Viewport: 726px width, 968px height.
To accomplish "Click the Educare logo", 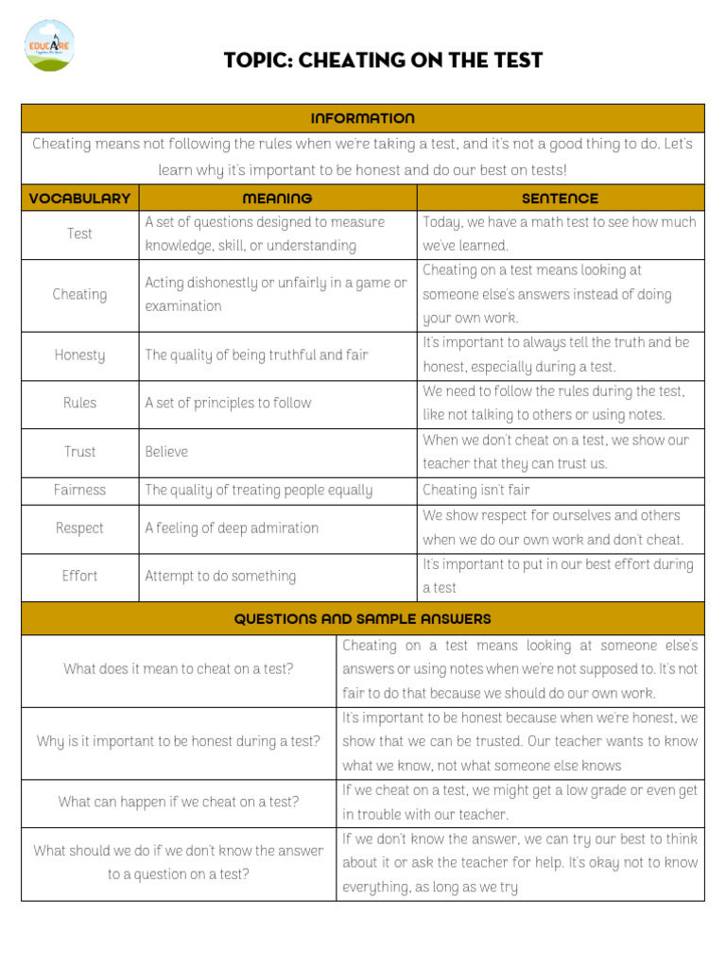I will point(51,45).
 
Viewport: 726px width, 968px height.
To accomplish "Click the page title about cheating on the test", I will point(383,60).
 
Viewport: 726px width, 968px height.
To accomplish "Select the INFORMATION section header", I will point(362,118).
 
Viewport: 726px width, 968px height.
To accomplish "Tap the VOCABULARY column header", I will point(79,199).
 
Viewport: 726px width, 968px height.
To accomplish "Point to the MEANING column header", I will point(277,199).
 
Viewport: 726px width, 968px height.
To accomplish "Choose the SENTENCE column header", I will point(560,199).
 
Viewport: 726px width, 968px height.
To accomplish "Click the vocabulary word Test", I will point(79,233).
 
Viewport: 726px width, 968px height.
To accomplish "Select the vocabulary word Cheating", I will point(79,294).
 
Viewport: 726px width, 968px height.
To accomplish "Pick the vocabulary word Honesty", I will point(79,355).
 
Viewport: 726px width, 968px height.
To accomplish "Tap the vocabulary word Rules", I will point(79,403).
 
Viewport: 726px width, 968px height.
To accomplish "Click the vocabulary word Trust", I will point(79,452).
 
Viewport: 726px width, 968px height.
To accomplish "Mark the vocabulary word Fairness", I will point(79,490).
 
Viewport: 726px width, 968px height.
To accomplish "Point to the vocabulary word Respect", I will point(79,528).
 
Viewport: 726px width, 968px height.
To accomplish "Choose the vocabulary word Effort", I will point(79,576).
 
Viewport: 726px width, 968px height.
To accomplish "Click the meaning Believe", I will point(166,452).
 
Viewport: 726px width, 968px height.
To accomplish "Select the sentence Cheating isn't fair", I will point(476,490).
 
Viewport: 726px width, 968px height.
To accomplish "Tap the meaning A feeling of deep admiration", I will point(232,528).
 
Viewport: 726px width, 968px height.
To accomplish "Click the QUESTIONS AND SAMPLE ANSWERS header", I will point(362,619).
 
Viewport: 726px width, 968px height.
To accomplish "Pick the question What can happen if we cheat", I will point(179,802).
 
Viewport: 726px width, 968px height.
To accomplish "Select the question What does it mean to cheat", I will point(179,668).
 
